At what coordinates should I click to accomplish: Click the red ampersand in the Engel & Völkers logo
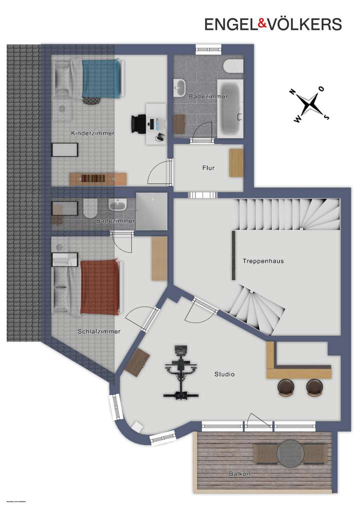248,24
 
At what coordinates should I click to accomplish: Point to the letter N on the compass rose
291,92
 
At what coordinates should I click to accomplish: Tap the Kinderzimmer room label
93,133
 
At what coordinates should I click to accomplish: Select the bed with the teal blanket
101,78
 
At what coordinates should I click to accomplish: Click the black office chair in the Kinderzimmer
138,122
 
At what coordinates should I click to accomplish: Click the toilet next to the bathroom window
233,66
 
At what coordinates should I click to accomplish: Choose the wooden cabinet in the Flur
236,162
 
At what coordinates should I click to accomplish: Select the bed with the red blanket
100,287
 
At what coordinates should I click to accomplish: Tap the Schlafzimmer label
98,331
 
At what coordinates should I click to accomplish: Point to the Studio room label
224,374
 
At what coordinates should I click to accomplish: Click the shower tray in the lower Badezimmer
151,211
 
